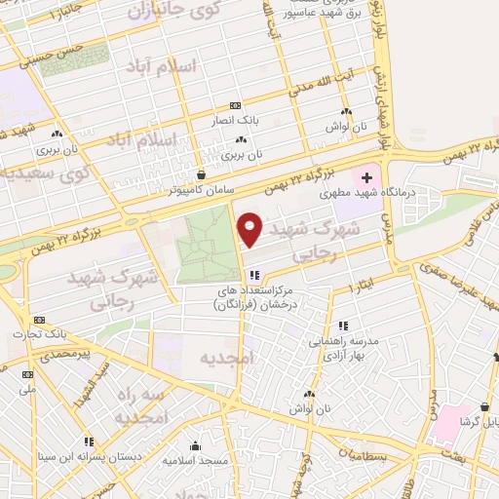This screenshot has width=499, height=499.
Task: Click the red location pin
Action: (250, 228)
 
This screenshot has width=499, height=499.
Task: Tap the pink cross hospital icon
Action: (366, 177)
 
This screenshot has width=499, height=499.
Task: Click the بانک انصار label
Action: (233, 120)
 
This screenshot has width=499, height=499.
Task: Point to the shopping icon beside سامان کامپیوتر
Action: (201, 175)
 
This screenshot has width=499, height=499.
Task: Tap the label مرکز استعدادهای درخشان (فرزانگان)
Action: (253, 298)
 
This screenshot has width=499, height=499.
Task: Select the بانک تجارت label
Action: (38, 333)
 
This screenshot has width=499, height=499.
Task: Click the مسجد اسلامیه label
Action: (195, 458)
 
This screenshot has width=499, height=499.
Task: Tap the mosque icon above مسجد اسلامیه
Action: (195, 444)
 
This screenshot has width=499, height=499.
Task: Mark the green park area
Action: (205, 248)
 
